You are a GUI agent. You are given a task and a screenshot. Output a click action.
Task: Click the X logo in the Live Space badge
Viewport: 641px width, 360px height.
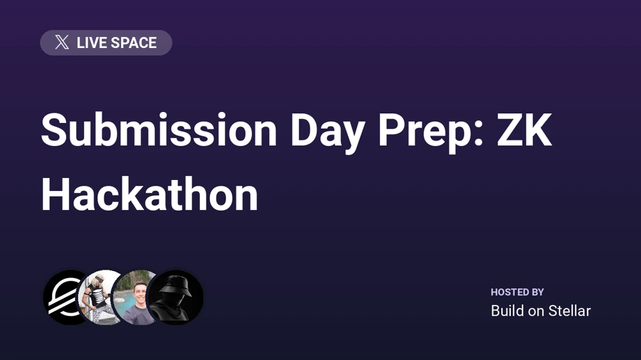pyautogui.click(x=62, y=42)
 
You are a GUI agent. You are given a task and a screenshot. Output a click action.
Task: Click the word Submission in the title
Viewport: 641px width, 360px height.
pyautogui.click(x=159, y=130)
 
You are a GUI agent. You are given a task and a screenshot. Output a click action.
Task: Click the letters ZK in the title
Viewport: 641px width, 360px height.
pyautogui.click(x=524, y=130)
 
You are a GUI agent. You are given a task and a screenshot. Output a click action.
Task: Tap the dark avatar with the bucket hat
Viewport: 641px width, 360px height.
pyautogui.click(x=175, y=297)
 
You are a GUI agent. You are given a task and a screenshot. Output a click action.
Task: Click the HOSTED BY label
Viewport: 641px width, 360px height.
pyautogui.click(x=517, y=292)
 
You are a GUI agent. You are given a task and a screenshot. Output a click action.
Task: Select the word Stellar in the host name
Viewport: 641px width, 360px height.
pyautogui.click(x=569, y=311)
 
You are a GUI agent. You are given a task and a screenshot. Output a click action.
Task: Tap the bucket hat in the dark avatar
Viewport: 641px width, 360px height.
pyautogui.click(x=175, y=286)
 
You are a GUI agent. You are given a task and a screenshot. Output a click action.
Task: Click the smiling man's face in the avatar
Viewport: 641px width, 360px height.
pyautogui.click(x=140, y=293)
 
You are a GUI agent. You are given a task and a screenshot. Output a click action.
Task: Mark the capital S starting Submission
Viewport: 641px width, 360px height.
pyautogui.click(x=54, y=130)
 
